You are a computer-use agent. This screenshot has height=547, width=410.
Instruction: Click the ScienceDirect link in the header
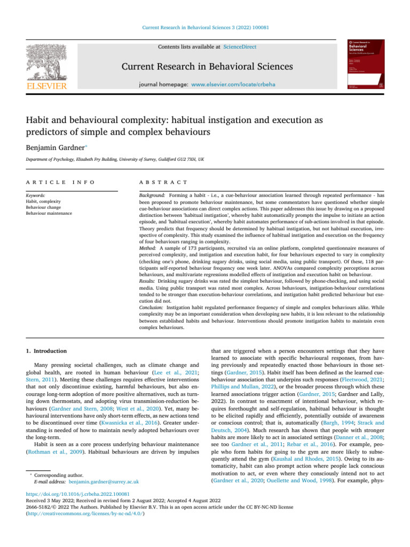pos(240,47)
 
